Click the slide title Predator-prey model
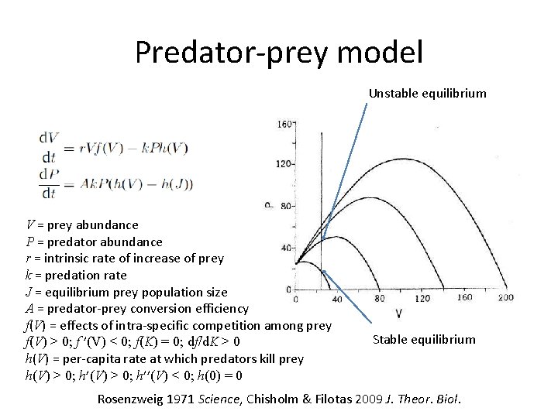pyautogui.click(x=279, y=53)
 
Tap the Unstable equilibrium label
pyautogui.click(x=427, y=94)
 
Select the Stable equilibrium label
pyautogui.click(x=424, y=340)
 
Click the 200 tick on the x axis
pyautogui.click(x=506, y=299)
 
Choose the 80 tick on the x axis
pyautogui.click(x=380, y=299)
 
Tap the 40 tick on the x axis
pyautogui.click(x=337, y=299)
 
